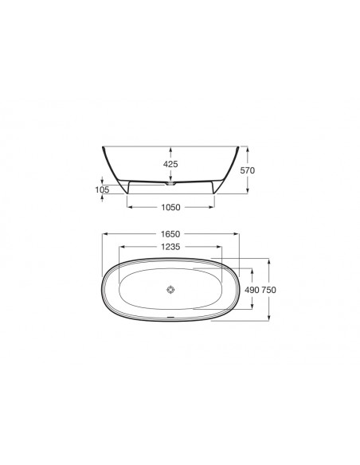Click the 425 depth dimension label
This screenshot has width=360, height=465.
point(170,164)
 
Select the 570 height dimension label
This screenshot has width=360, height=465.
point(248,170)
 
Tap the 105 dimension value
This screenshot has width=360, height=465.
point(102,190)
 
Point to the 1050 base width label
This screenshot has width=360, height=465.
point(170,207)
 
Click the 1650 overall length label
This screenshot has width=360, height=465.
point(170,234)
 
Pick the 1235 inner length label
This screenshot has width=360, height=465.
point(170,247)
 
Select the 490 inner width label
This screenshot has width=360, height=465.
point(252,290)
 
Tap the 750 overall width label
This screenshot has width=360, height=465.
point(268,290)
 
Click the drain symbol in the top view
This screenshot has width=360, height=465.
point(170,289)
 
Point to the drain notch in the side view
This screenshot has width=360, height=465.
point(170,184)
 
